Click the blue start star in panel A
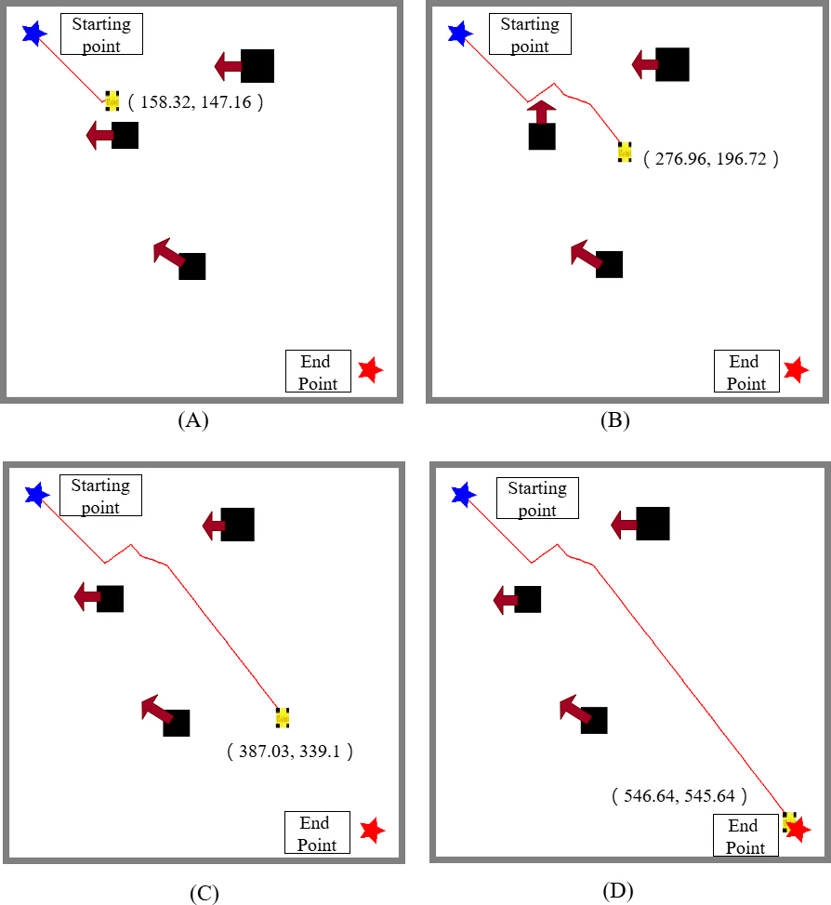[x=34, y=33]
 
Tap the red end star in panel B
[x=797, y=370]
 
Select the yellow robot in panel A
[x=112, y=100]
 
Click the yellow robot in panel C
[x=283, y=717]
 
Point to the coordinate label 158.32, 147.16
[x=195, y=102]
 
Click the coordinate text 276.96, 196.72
[x=711, y=159]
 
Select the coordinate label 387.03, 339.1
[x=289, y=751]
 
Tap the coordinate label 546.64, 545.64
[x=679, y=796]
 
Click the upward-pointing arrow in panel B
[x=542, y=112]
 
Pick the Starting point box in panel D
[x=537, y=499]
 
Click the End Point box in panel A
[x=318, y=371]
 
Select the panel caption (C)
[x=204, y=892]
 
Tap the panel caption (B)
[x=614, y=419]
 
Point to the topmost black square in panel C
[x=238, y=525]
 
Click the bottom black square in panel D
[x=594, y=720]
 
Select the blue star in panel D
[x=464, y=495]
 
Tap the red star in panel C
[x=373, y=831]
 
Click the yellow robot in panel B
[x=625, y=152]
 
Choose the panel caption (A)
[x=193, y=419]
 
